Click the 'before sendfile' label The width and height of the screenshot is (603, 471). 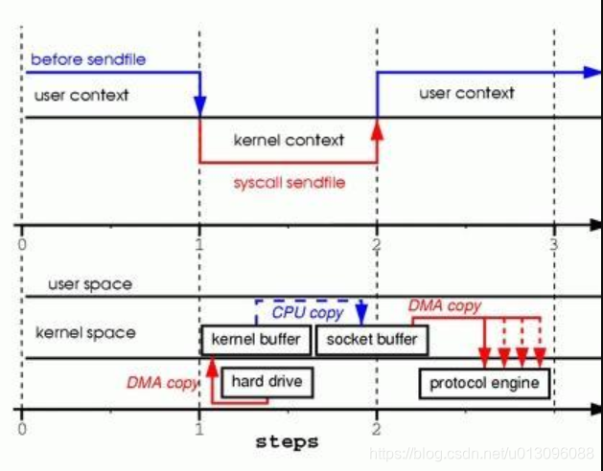coord(88,59)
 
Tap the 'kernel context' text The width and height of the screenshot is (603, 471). coord(289,140)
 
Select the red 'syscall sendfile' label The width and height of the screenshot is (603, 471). coord(289,182)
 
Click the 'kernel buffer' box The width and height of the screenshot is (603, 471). coord(255,340)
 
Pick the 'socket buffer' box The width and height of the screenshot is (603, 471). coord(372,340)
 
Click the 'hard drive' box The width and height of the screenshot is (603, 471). coord(267,382)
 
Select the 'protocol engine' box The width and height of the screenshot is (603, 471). coord(485,384)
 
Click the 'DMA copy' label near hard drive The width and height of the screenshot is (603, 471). coord(161,382)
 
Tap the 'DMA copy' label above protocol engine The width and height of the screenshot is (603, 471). coord(445,306)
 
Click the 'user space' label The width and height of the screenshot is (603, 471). coord(91,284)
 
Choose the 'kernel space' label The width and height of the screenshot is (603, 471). coord(85,333)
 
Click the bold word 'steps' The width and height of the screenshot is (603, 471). coord(287,442)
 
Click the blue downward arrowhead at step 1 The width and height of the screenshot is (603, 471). coord(199,103)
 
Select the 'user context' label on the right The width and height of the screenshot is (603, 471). coord(467,93)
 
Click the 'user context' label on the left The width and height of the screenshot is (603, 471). coord(81,96)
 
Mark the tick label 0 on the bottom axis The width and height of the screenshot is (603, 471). coord(21,430)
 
